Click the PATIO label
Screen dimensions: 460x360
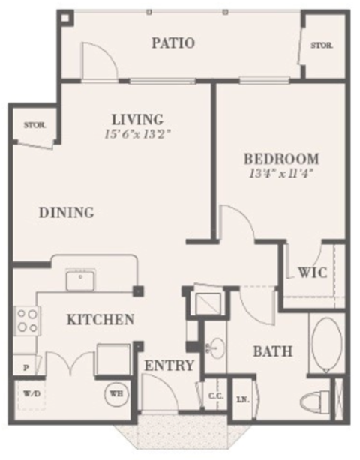point(173,43)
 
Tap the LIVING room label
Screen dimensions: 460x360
point(137,119)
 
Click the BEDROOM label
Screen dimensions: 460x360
point(281,159)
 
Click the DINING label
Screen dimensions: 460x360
point(66,213)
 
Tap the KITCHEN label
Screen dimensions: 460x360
point(100,320)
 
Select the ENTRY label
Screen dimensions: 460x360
point(169,366)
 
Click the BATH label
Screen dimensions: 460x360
point(271,351)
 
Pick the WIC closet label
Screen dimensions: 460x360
point(312,273)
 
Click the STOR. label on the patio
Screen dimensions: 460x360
point(323,45)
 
